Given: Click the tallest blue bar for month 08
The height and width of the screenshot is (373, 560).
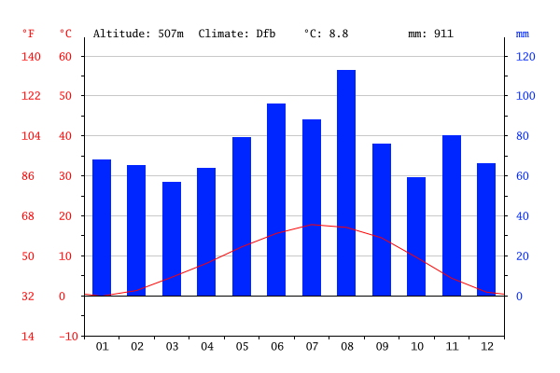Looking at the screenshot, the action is point(346,183).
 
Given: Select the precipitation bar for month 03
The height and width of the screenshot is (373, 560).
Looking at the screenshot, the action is point(172,239).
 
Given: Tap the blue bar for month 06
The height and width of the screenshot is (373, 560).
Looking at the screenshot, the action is point(276,200).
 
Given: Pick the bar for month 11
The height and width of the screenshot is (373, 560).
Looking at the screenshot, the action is point(452,215).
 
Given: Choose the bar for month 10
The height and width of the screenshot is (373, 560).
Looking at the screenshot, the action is point(416,236).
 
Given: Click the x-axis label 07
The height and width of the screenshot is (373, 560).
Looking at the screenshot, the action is point(312,347).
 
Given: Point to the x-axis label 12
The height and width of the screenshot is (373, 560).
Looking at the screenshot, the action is point(487,347).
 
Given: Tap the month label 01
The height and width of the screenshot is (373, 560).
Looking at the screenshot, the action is point(102,347).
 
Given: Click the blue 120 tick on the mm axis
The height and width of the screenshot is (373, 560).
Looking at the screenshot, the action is point(525,56).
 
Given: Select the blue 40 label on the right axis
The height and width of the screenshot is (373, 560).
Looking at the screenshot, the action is point(522,216).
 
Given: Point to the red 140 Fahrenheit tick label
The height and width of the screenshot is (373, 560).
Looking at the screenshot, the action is point(31,56).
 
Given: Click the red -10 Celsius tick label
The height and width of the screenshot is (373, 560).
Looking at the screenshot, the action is point(68,337).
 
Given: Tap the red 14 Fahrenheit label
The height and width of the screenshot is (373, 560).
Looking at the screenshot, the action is point(28,337).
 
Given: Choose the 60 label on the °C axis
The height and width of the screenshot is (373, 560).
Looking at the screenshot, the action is point(65,56).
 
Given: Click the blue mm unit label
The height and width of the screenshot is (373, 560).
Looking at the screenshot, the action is point(522,35).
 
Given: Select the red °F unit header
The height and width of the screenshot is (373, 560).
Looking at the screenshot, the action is point(29,34).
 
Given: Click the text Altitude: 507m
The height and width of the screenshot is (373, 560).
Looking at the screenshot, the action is point(138,34).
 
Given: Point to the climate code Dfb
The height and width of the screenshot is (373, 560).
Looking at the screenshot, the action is point(266,34).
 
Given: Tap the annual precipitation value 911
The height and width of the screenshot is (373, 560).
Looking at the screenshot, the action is point(443,34).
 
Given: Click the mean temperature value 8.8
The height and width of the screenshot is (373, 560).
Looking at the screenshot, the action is point(339,34).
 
